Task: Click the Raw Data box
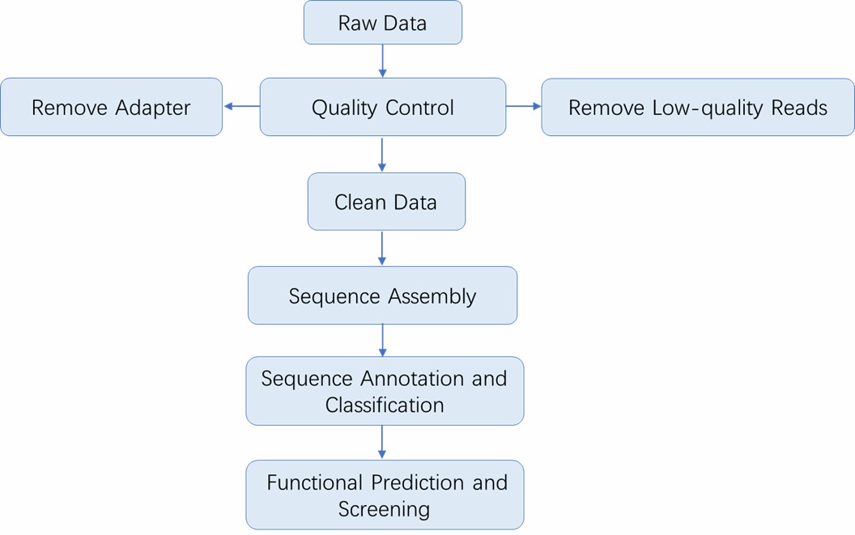click(x=382, y=23)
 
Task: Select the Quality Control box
click(x=382, y=107)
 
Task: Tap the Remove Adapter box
click(x=111, y=107)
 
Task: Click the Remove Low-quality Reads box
click(x=697, y=107)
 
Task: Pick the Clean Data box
click(x=386, y=202)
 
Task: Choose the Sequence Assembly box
click(x=382, y=295)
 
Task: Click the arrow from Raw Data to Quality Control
click(x=382, y=61)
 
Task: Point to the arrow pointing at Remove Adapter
click(x=241, y=106)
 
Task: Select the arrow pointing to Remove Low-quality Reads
click(x=523, y=106)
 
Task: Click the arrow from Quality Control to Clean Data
click(x=382, y=154)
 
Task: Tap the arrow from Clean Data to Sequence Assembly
click(x=382, y=248)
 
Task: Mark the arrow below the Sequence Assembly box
click(x=382, y=340)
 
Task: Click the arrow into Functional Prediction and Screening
click(x=382, y=443)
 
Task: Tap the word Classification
click(x=385, y=405)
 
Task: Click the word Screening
click(x=384, y=509)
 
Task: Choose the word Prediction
click(x=418, y=483)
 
